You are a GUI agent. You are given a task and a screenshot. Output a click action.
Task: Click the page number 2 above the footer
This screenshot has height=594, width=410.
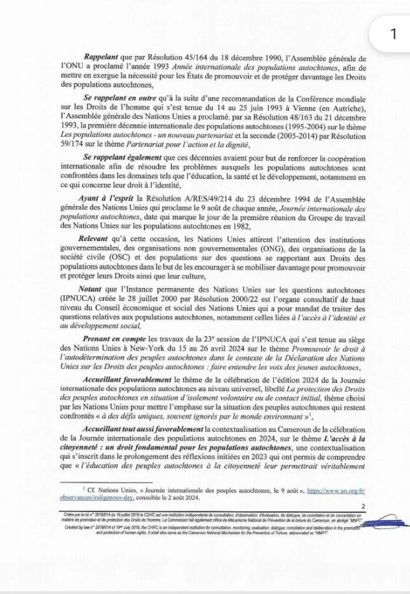pos(363,506)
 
